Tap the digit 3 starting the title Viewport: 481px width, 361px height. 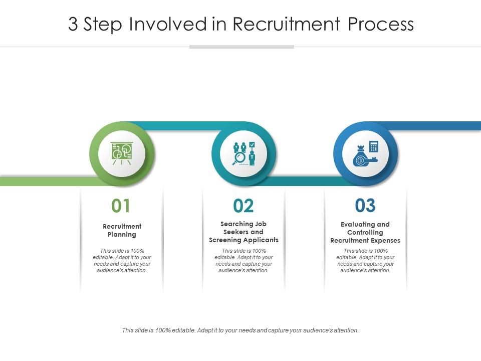(x=73, y=24)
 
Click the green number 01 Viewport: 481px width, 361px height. (x=121, y=206)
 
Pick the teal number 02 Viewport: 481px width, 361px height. (x=244, y=206)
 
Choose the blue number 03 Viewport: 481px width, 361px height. (x=365, y=205)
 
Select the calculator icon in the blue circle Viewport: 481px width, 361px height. (x=373, y=146)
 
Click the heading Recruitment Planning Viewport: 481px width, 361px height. (x=122, y=230)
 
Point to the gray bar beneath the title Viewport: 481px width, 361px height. (x=242, y=47)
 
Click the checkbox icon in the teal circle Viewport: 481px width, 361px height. (x=252, y=145)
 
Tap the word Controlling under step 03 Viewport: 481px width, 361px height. (x=365, y=233)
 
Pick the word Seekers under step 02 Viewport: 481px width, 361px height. (x=235, y=232)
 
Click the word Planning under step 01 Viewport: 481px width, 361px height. (x=122, y=235)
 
